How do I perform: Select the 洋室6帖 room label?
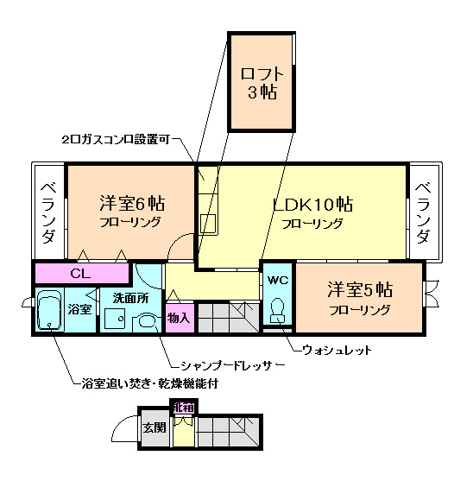coord(131,206)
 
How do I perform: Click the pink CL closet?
coord(80,274)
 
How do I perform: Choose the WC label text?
coord(277,280)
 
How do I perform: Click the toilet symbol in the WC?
coord(278,308)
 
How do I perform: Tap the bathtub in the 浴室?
coord(50,311)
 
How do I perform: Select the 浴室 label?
coord(80,308)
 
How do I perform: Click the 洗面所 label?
coord(130,297)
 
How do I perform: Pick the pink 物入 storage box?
coord(179,318)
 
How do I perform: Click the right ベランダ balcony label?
coord(423,212)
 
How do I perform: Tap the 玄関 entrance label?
coord(155,427)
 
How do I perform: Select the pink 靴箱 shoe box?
coord(183,408)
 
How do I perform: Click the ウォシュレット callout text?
coord(337,350)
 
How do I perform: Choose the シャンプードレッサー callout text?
coord(227,365)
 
